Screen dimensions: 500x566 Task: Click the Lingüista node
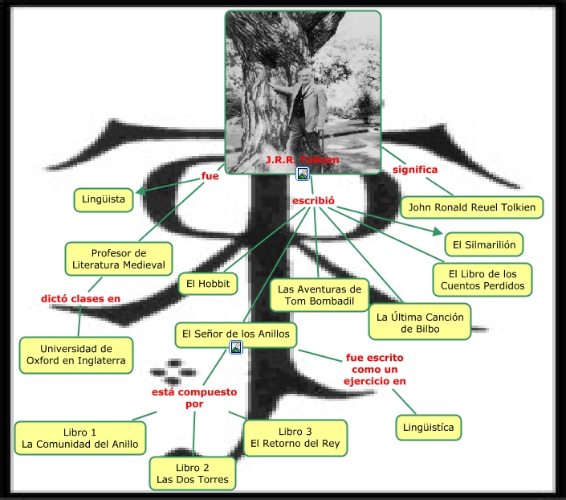(x=104, y=199)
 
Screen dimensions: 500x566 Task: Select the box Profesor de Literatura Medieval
(x=118, y=259)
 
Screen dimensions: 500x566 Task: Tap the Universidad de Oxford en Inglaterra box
(x=75, y=355)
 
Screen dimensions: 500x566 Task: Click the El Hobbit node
(x=208, y=284)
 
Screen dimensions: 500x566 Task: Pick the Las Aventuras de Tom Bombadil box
(x=318, y=295)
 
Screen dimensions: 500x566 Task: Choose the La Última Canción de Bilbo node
(x=420, y=322)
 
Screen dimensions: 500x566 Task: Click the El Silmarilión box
(x=483, y=244)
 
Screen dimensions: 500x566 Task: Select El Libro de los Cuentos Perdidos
(x=482, y=279)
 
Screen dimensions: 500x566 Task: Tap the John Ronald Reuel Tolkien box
(x=471, y=207)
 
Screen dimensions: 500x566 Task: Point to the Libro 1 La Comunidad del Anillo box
(x=80, y=437)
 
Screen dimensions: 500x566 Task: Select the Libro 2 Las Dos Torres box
(x=192, y=473)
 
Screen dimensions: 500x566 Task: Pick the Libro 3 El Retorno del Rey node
(x=295, y=437)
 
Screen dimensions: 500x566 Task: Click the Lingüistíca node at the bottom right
(x=429, y=427)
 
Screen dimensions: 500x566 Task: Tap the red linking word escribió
(x=312, y=199)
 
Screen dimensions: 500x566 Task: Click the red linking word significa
(x=414, y=170)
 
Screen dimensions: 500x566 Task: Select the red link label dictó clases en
(x=80, y=299)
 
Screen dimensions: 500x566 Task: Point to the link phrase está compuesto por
(x=194, y=398)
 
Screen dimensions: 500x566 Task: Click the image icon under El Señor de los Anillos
(x=236, y=347)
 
